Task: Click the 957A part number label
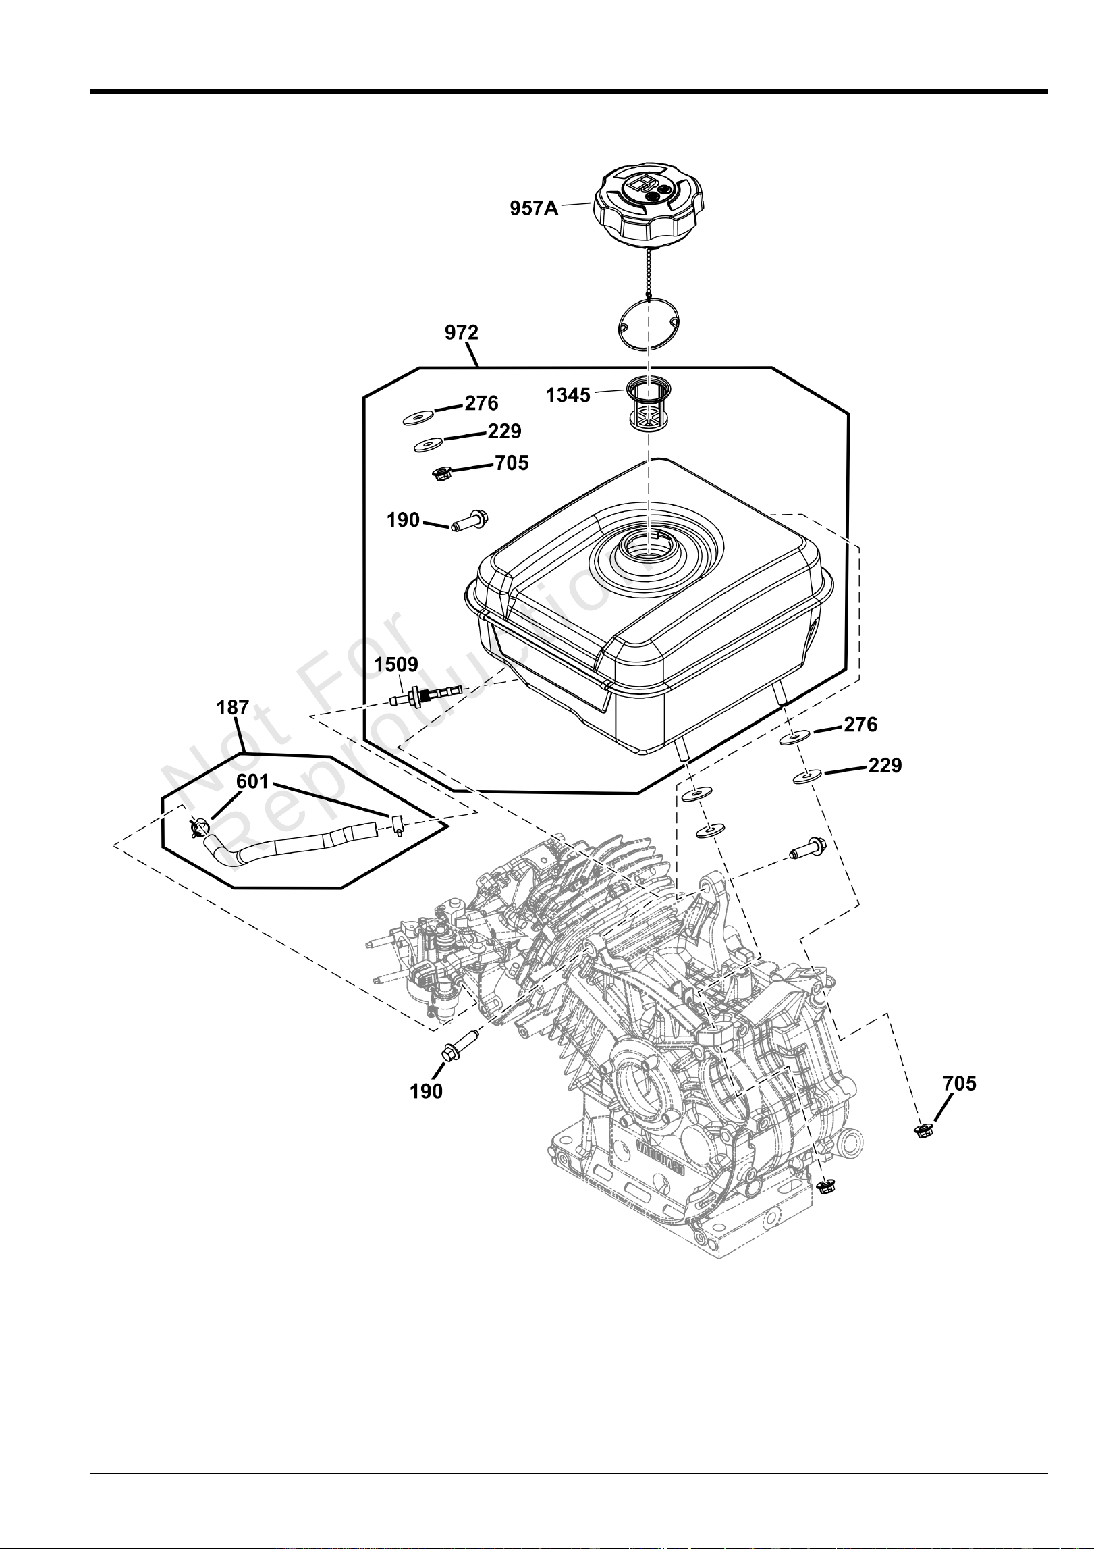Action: click(534, 208)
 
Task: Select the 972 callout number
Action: click(462, 332)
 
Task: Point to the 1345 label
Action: click(568, 395)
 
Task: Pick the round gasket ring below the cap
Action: click(649, 326)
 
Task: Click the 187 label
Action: click(233, 708)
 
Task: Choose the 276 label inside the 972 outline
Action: click(482, 403)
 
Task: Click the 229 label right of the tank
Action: click(885, 766)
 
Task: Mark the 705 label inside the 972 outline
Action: click(512, 463)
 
